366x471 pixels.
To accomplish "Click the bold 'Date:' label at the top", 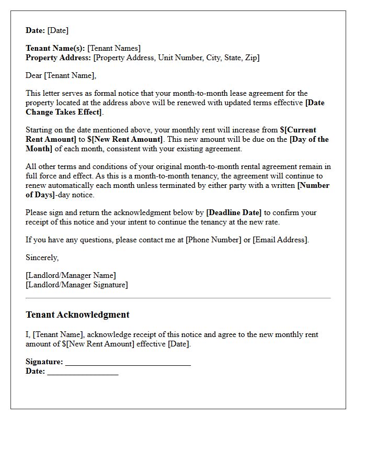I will click(36, 30).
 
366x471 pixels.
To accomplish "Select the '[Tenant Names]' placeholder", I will click(114, 48).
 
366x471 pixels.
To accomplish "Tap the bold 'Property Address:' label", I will click(58, 58).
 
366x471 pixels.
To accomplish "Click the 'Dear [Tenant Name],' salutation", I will click(61, 75).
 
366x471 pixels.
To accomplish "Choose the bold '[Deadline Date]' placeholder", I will click(234, 212).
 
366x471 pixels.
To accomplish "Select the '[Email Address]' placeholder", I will click(280, 240).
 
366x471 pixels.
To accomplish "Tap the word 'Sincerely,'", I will click(42, 257).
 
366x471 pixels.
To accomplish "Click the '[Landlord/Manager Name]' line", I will click(71, 275).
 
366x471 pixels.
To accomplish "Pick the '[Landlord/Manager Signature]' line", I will click(76, 285).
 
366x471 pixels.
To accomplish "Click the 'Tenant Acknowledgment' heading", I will click(77, 315).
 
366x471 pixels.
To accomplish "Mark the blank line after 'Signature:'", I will click(128, 362).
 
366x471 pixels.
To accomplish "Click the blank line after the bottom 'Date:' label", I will click(83, 372).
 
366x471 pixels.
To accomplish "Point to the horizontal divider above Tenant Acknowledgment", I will click(178, 298).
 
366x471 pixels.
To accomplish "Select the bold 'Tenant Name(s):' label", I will click(55, 48).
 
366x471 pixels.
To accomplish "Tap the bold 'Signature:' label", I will click(44, 362).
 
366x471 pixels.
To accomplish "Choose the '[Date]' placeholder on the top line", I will click(58, 30).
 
